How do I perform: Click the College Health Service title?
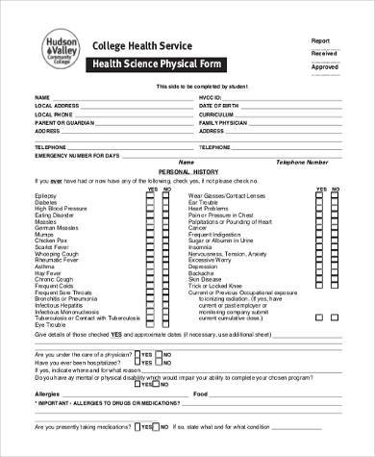tap(135, 45)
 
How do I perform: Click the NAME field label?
tap(41, 98)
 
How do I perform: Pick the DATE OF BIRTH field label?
tap(217, 105)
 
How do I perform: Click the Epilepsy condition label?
tap(45, 195)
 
